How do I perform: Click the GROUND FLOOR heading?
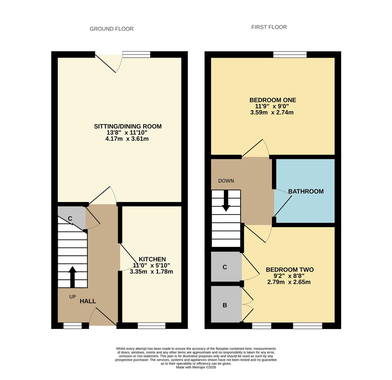pos(112,29)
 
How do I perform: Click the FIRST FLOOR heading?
pos(269,27)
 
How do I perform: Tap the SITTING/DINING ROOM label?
pos(127,126)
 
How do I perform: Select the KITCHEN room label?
pos(152,259)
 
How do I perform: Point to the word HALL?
pos(88,301)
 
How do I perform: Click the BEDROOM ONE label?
pos(272,100)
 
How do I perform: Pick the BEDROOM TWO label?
pos(289,270)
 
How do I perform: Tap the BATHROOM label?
pos(305,191)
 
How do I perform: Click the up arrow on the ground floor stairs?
pos(72,277)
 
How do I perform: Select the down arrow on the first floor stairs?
pos(226,201)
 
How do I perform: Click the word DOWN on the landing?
pos(226,181)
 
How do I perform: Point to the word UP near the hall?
pos(72,297)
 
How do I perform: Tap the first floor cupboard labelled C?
pos(225,267)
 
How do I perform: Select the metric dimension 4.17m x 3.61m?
pos(127,139)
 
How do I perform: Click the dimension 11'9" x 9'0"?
pos(272,106)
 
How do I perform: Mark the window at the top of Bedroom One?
pos(290,54)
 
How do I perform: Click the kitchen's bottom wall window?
pos(151,326)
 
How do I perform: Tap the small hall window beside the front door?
pos(72,326)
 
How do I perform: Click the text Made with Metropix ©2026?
pos(196,367)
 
